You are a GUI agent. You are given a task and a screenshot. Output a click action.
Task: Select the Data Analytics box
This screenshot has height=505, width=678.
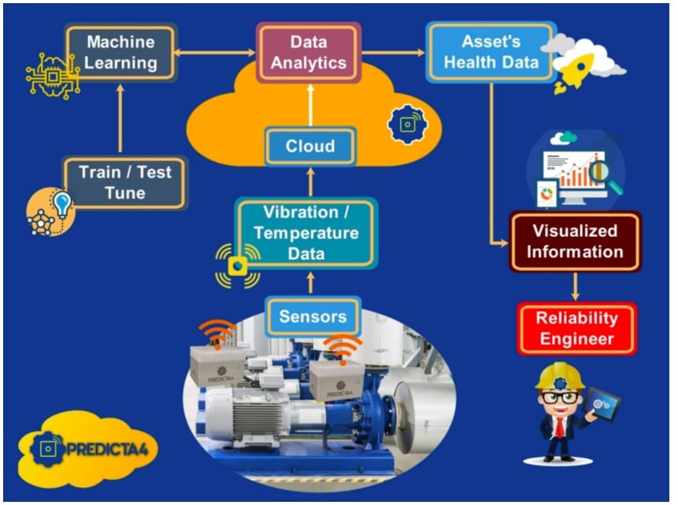[x=309, y=53]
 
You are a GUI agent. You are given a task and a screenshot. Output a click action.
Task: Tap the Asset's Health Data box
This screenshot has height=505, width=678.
[x=491, y=52]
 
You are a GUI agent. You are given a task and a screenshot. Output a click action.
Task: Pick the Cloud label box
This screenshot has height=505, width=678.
[x=309, y=146]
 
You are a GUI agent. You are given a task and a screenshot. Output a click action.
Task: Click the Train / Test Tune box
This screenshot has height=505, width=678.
[x=124, y=182]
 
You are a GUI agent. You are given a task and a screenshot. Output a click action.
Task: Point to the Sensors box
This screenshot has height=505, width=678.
[x=313, y=317]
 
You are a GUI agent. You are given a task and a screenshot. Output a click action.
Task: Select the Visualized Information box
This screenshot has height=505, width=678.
[x=575, y=241]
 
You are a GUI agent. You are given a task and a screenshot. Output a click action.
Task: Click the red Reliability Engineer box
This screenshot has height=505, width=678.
[x=576, y=329]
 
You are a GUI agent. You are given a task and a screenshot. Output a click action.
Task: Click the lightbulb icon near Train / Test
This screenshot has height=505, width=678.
[x=61, y=202]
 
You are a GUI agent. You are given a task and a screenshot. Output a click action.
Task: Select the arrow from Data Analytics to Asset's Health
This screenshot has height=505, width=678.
[x=394, y=53]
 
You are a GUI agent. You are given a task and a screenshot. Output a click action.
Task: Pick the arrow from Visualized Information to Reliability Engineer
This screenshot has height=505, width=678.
[x=576, y=286]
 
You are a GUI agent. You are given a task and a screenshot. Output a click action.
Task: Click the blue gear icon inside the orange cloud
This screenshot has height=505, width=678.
[x=407, y=123]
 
